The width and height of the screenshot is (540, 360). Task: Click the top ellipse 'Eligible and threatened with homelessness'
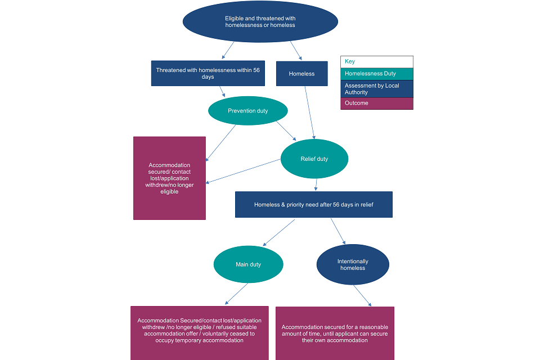tap(260, 21)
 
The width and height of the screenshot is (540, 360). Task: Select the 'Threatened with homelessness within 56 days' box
tap(208, 73)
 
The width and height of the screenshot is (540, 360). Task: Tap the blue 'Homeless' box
tap(301, 74)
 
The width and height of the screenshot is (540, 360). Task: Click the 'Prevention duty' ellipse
tap(247, 111)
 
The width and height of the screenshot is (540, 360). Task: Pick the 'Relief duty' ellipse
tap(314, 159)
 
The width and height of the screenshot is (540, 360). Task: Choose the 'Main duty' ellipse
tap(248, 264)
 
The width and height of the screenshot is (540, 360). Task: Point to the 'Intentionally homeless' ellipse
tap(353, 264)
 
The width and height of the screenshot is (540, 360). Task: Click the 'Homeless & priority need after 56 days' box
tap(313, 204)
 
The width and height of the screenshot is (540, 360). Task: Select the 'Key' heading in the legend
tap(376, 62)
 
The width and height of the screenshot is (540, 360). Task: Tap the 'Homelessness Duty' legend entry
tap(376, 74)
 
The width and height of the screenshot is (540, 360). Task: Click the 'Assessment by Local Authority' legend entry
tap(376, 89)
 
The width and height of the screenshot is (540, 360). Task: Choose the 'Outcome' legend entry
tap(376, 103)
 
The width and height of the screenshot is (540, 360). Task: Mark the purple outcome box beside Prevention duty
tap(169, 178)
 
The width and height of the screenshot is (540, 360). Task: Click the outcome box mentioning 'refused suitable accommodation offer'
tap(199, 332)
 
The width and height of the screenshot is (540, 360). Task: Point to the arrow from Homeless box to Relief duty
tap(309, 112)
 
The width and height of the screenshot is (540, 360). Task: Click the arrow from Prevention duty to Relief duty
tap(285, 130)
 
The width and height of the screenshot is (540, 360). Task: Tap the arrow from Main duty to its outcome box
tap(236, 294)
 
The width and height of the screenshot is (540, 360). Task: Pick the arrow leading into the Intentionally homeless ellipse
tap(337, 231)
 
